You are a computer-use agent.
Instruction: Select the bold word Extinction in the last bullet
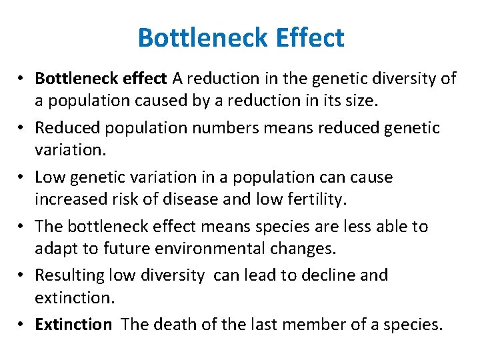[73, 325]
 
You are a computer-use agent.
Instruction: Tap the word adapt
[56, 249]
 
